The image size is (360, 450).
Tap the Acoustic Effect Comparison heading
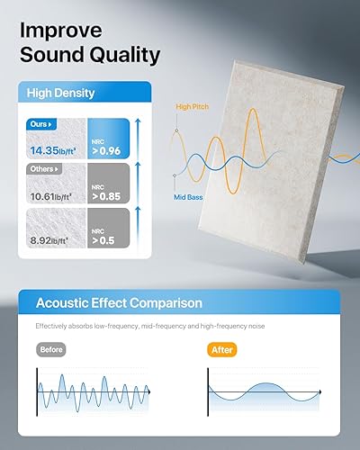click(119, 303)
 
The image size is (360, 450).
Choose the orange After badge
click(220, 348)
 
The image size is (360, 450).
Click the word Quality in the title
click(124, 55)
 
